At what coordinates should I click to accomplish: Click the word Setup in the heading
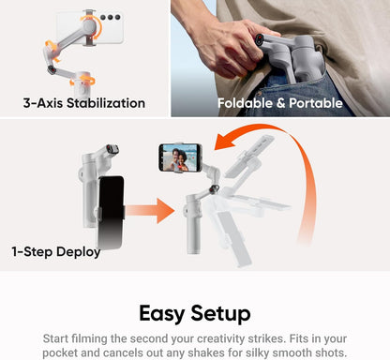pos(226,312)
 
